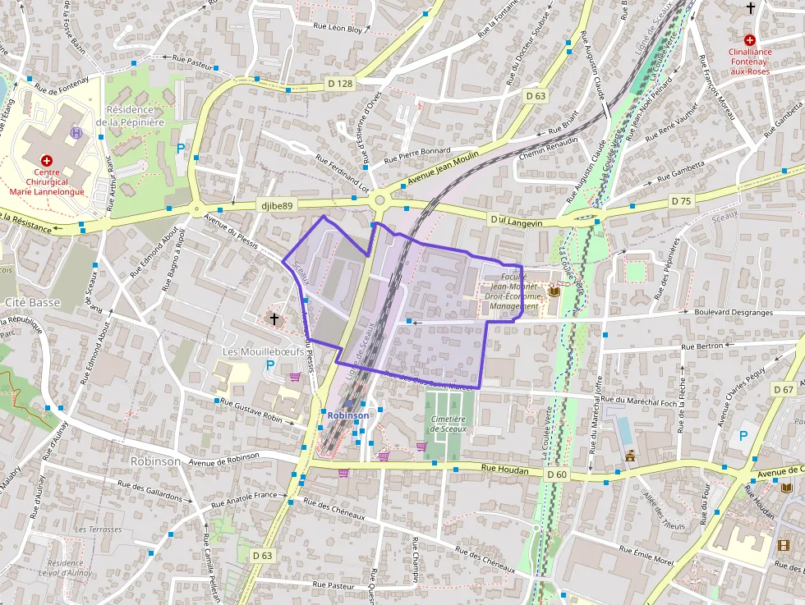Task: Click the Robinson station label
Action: click(x=348, y=415)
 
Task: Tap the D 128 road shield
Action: click(x=339, y=83)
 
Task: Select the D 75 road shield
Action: click(x=680, y=200)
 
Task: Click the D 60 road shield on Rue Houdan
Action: click(x=556, y=474)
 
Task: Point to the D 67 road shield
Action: click(x=784, y=389)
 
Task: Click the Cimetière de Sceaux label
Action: click(x=448, y=424)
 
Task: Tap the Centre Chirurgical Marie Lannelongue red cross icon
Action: click(x=47, y=160)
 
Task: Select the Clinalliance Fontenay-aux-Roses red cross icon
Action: click(x=749, y=39)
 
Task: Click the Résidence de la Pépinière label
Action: click(x=130, y=116)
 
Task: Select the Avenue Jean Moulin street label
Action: click(x=444, y=172)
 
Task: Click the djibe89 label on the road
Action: click(x=274, y=205)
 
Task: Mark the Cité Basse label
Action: click(x=33, y=302)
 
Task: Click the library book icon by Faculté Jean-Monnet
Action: click(x=553, y=291)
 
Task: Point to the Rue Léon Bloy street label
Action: click(x=338, y=28)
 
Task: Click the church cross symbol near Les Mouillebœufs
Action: click(x=274, y=316)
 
